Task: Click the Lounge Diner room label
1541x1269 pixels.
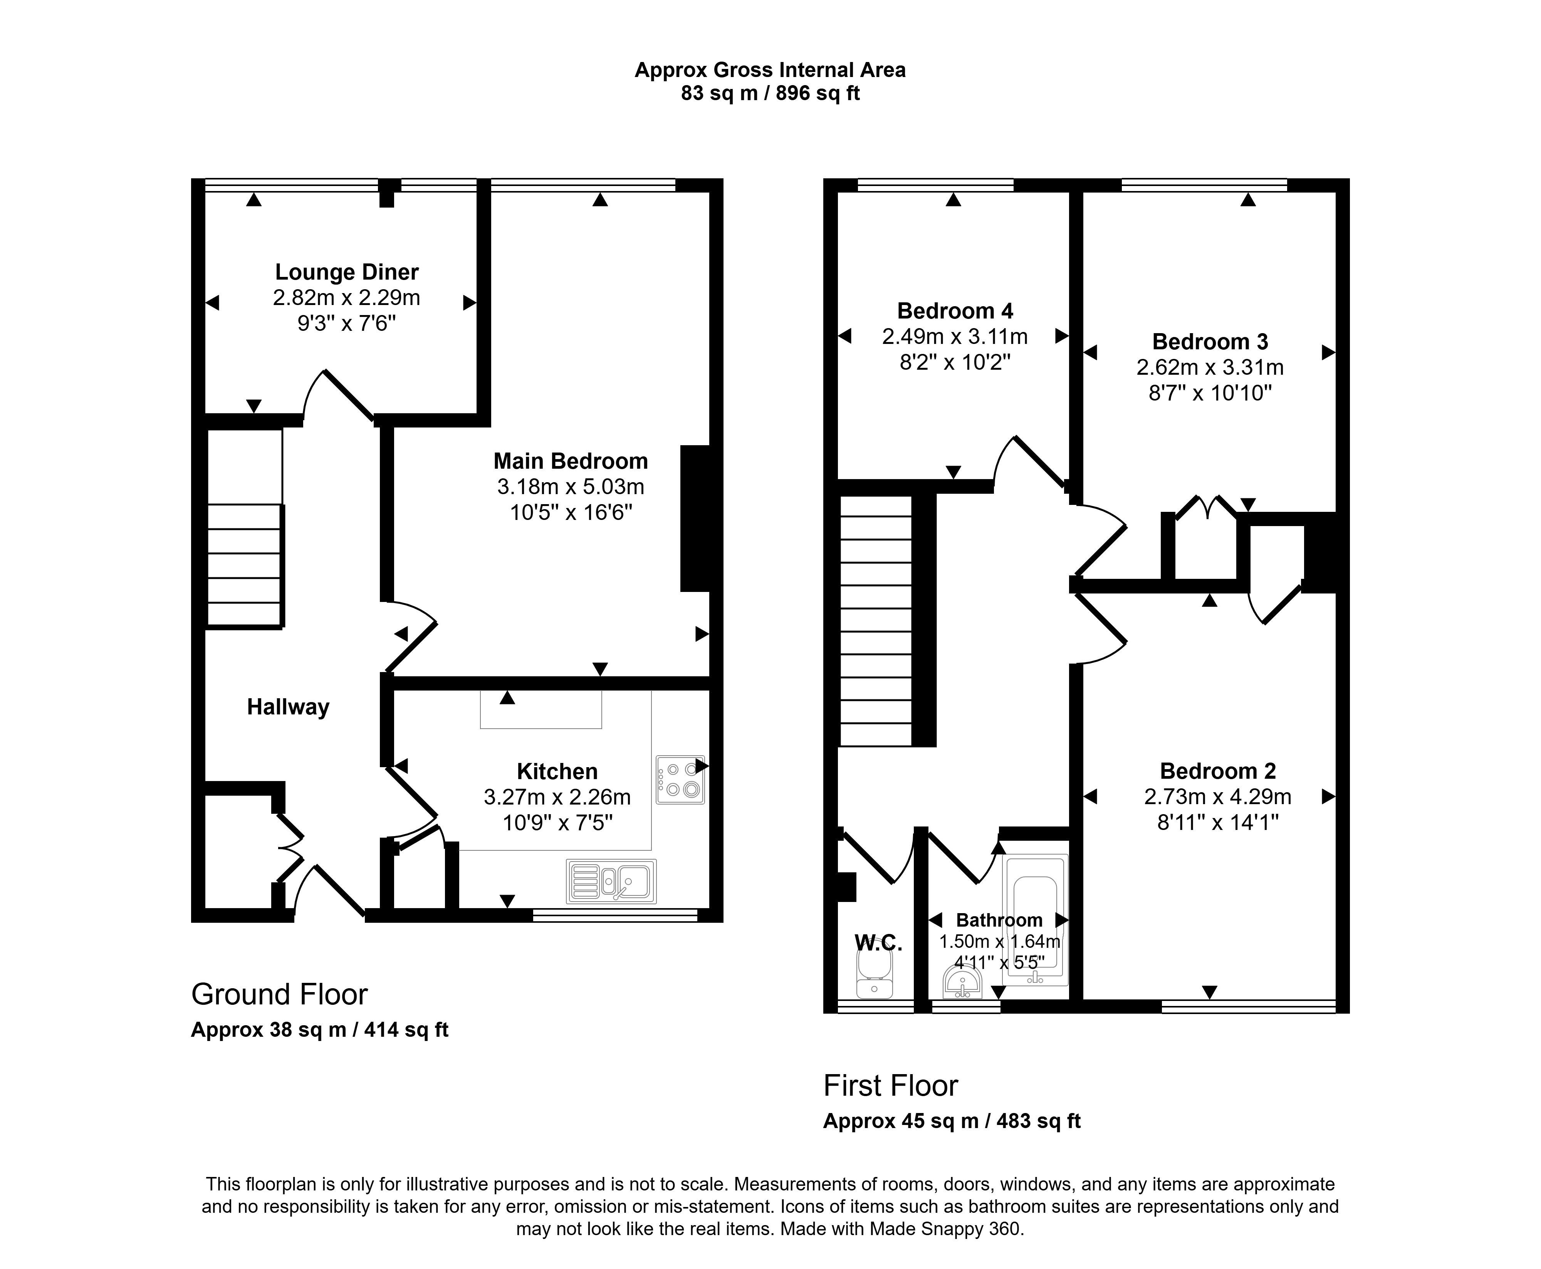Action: tap(346, 272)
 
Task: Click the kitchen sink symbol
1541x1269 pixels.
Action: tap(611, 881)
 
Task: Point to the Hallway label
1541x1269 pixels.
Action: tap(288, 707)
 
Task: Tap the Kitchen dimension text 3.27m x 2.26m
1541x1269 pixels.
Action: tap(557, 797)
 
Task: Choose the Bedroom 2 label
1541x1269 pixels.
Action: tap(1218, 771)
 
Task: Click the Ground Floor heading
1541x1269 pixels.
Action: tap(279, 995)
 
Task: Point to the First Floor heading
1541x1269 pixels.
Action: tap(890, 1086)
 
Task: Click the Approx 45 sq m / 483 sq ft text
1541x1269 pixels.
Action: tap(952, 1121)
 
